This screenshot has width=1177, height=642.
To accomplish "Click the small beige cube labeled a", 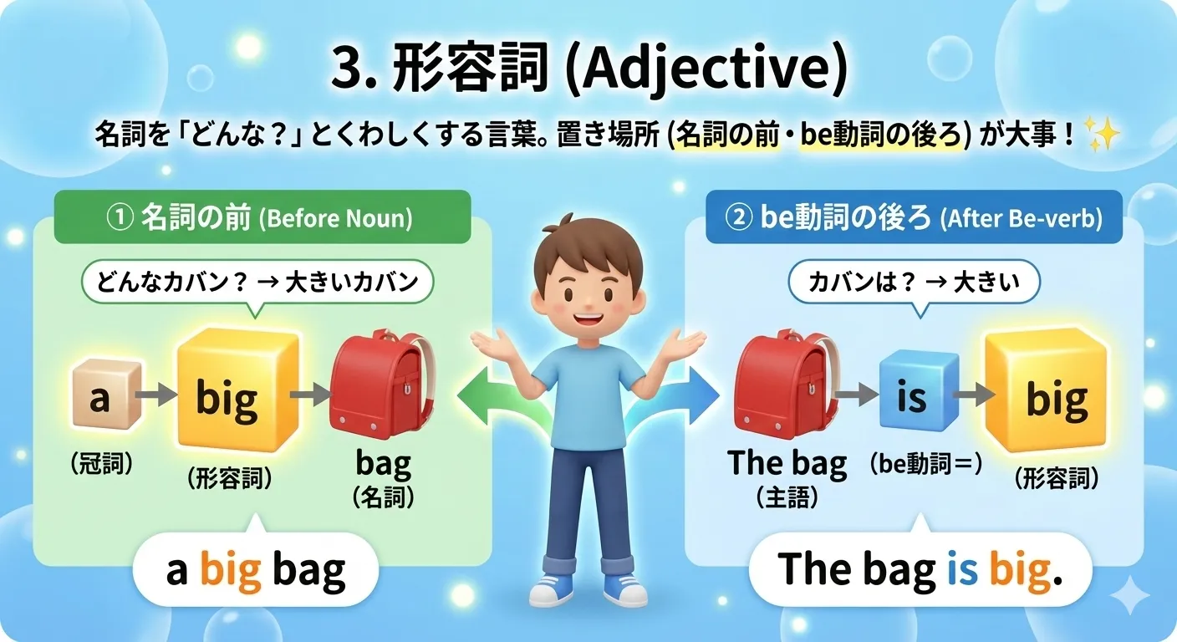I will [101, 398].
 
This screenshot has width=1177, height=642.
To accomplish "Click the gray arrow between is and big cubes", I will [968, 394].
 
